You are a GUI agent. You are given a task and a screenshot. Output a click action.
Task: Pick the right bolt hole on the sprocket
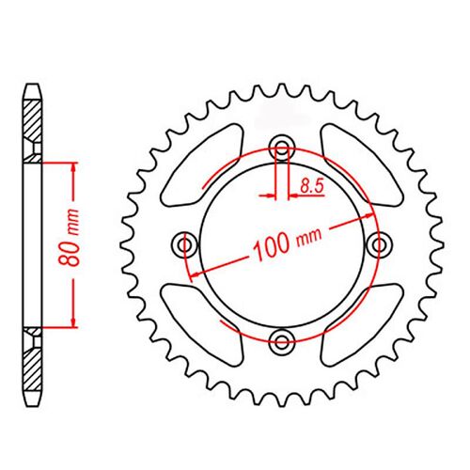[380, 244]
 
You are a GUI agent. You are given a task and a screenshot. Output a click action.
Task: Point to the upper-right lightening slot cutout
[358, 165]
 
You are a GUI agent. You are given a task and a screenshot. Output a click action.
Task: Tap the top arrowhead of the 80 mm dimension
[71, 166]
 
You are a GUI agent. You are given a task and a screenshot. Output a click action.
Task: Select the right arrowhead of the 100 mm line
[368, 213]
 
